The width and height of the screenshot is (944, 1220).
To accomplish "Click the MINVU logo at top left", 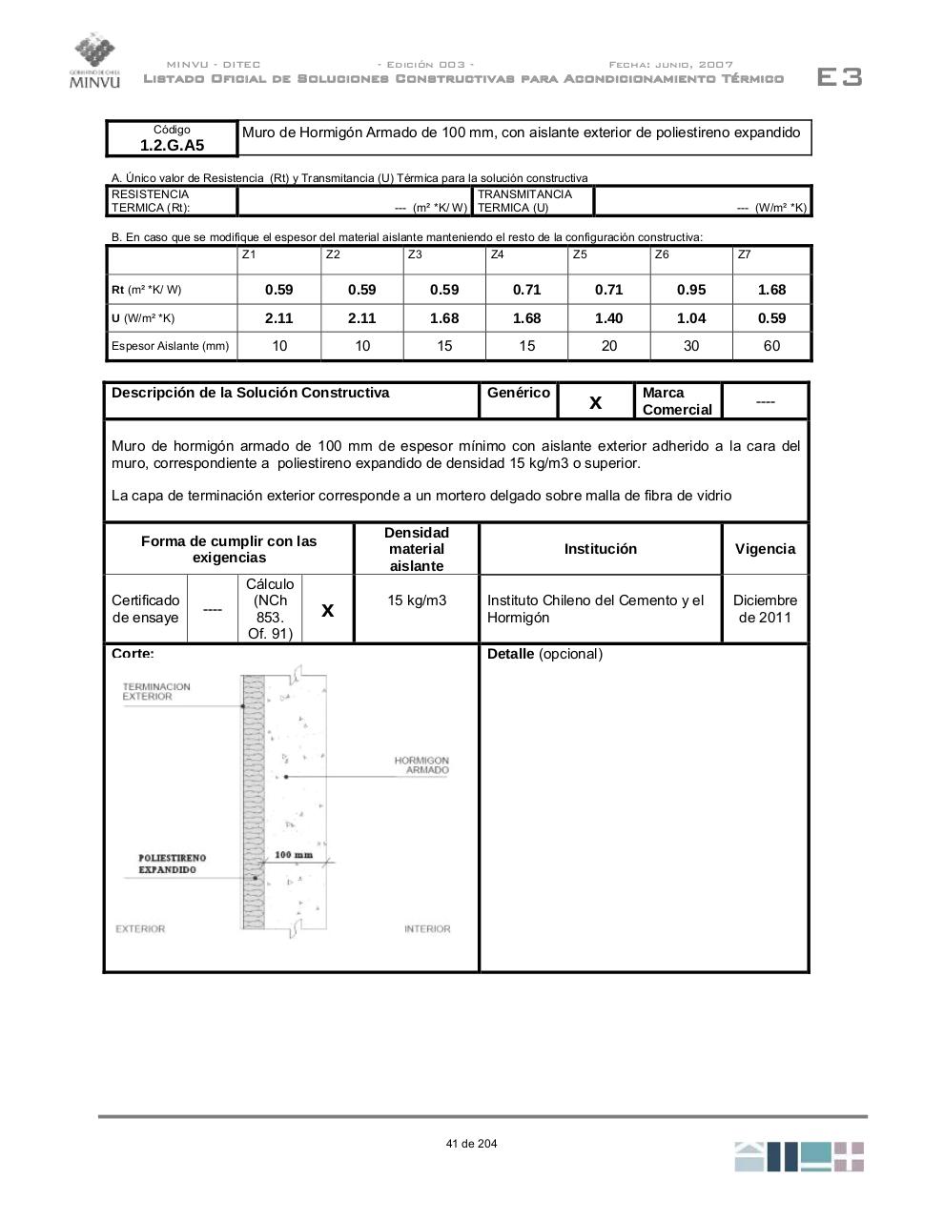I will pyautogui.click(x=95, y=60).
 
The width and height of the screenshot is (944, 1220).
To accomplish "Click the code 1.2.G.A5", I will pyautogui.click(x=172, y=145).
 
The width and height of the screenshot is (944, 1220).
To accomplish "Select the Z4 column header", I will pyautogui.click(x=497, y=254).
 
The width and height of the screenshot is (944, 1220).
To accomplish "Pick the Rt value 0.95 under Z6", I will pyautogui.click(x=691, y=290).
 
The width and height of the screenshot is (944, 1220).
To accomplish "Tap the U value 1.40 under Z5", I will pyautogui.click(x=608, y=318).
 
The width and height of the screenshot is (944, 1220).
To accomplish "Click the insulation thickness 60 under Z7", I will pyautogui.click(x=771, y=346).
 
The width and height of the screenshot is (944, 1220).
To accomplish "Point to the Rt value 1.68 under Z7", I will pyautogui.click(x=771, y=290).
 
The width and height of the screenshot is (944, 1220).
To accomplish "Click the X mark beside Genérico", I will pyautogui.click(x=595, y=402).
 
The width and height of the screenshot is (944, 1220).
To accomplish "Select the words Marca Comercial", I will pyautogui.click(x=677, y=401).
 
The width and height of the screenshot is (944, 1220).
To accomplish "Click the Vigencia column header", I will pyautogui.click(x=765, y=549).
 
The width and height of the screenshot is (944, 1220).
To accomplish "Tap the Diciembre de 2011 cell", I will pyautogui.click(x=765, y=609).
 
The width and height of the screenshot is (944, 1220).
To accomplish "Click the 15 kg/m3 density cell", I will pyautogui.click(x=417, y=600).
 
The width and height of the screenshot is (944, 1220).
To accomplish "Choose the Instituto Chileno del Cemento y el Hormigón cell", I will pyautogui.click(x=596, y=609).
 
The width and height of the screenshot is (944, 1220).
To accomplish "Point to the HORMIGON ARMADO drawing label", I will pyautogui.click(x=421, y=765).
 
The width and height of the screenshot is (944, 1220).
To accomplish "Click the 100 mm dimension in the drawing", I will pyautogui.click(x=294, y=855).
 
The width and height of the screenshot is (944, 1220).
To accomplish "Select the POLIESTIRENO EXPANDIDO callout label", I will pyautogui.click(x=172, y=864).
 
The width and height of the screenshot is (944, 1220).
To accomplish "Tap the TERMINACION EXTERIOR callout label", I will pyautogui.click(x=156, y=692).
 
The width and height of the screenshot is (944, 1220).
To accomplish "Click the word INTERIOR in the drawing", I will pyautogui.click(x=427, y=929).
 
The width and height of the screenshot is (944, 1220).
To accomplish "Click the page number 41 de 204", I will pyautogui.click(x=471, y=1144).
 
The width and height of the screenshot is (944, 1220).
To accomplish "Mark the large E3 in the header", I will pyautogui.click(x=839, y=77).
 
